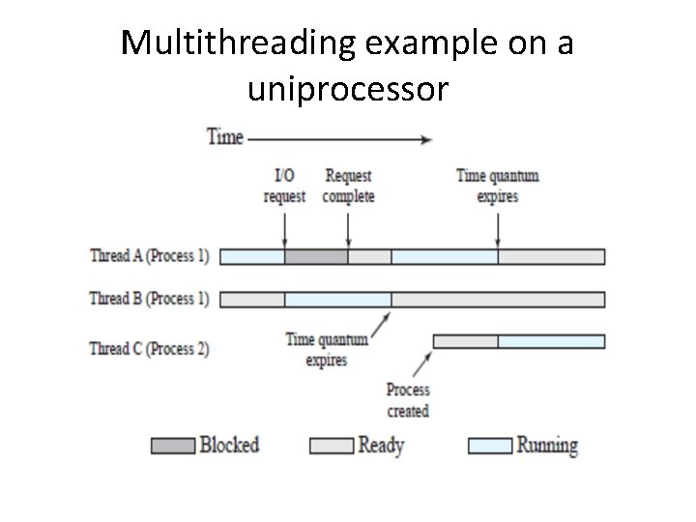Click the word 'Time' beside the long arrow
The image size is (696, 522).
(225, 137)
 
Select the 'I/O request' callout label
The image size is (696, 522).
(285, 186)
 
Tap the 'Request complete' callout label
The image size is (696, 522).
(348, 186)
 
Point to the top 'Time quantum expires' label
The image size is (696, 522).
(497, 186)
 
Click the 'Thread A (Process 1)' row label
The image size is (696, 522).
(149, 256)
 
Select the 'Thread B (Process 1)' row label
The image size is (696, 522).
(149, 299)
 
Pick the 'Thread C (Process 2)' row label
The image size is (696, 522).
(149, 348)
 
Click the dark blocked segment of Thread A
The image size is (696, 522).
(316, 256)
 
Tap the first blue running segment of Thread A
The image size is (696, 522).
(252, 256)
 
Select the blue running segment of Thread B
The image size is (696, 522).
(337, 299)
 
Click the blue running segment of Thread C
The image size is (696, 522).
(551, 341)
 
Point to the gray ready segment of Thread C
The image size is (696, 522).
(465, 341)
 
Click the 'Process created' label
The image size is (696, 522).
(408, 400)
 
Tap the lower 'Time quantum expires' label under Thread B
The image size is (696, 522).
(327, 350)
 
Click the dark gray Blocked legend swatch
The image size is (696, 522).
(172, 446)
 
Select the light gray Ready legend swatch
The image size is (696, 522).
(330, 446)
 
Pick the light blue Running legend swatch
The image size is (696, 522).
(488, 446)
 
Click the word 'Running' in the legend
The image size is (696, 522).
(547, 446)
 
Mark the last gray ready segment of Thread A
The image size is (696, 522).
(551, 256)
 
